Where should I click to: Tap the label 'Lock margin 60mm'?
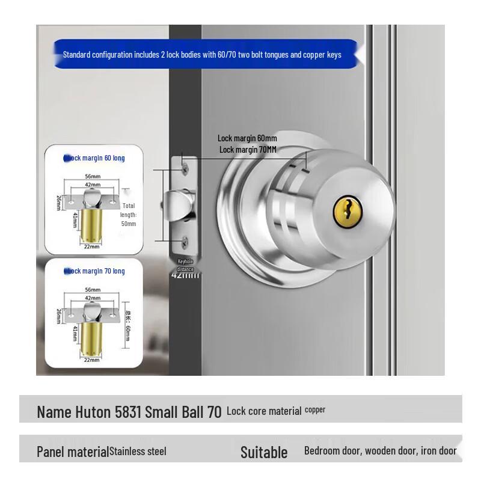tap(247, 138)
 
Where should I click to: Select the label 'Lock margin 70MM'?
tap(248, 150)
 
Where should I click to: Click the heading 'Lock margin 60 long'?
tap(94, 158)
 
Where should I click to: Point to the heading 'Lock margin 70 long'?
tap(94, 271)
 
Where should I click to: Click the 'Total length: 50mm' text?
tap(129, 215)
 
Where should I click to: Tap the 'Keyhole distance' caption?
tap(185, 265)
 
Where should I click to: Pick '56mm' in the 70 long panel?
tap(92, 289)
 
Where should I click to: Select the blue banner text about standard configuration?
tap(202, 55)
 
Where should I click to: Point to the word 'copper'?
tap(315, 409)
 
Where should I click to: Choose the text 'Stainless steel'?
tap(138, 452)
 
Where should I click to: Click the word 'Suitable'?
tap(264, 452)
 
